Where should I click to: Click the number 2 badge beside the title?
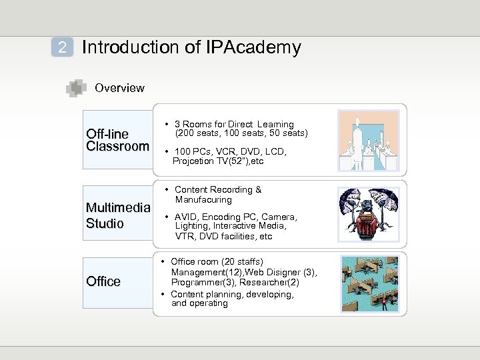[x=62, y=47]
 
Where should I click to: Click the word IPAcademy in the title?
[x=257, y=47]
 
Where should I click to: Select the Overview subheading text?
[x=119, y=88]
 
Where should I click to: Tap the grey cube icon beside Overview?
[x=77, y=88]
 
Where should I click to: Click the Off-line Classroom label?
[x=117, y=140]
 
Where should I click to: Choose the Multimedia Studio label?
[x=117, y=215]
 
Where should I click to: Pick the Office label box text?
[x=103, y=281]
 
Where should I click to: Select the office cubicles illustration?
[x=369, y=283]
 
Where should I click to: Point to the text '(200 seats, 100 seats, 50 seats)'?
[x=241, y=133]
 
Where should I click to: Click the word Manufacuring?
[x=203, y=199]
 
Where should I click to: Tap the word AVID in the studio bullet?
[x=186, y=217]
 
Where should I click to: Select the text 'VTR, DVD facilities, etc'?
[x=223, y=236]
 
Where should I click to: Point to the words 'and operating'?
[x=199, y=303]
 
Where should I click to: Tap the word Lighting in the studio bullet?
[x=192, y=227]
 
